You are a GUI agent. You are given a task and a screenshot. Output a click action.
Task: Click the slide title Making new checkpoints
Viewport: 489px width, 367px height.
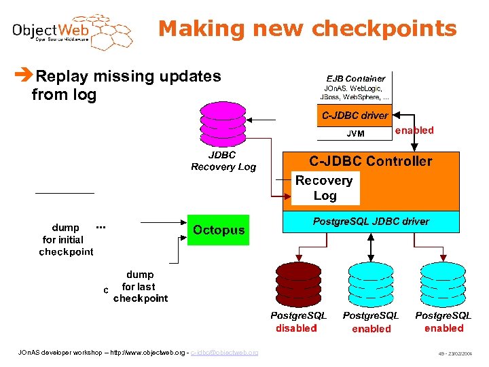(307, 29)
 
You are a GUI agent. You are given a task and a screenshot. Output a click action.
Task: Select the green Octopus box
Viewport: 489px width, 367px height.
(218, 230)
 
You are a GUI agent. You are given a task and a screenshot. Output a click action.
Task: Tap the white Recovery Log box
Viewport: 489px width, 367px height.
(325, 188)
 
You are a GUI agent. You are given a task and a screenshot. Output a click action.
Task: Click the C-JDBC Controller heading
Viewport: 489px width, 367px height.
(370, 161)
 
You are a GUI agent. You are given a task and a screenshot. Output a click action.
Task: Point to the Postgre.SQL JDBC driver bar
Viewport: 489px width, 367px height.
(370, 222)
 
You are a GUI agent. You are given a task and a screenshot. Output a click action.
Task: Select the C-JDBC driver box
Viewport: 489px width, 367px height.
(355, 116)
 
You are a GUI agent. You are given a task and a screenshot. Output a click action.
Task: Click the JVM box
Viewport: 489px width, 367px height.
(355, 133)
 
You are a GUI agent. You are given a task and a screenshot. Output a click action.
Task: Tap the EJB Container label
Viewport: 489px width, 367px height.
(355, 78)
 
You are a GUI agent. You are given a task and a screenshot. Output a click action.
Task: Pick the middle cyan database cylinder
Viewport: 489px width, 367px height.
(370, 284)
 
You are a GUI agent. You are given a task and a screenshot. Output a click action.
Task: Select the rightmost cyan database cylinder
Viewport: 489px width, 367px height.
(443, 284)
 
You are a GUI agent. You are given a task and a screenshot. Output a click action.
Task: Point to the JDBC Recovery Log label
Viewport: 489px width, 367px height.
(223, 161)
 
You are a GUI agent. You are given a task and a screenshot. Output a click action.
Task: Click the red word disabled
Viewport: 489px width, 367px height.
(297, 328)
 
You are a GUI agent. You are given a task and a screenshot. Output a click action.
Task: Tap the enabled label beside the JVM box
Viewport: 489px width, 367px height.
(414, 130)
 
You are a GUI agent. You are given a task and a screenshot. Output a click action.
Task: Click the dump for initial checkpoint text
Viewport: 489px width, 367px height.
(66, 240)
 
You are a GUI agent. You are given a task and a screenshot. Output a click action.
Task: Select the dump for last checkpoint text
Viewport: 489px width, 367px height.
(140, 287)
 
